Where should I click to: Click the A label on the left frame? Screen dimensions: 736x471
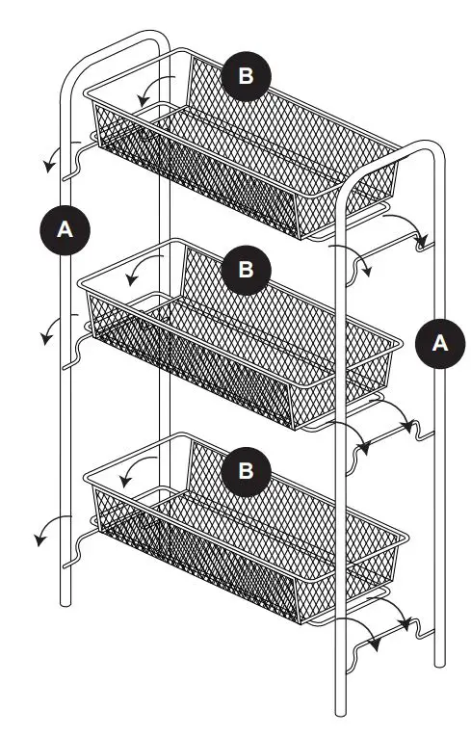[65, 230]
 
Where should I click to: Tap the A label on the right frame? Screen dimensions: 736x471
[440, 344]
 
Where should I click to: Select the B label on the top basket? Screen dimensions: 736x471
[247, 78]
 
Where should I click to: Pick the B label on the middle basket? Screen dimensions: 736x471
[247, 270]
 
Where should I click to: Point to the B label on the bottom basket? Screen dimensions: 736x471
[247, 470]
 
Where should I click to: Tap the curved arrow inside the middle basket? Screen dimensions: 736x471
[143, 270]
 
